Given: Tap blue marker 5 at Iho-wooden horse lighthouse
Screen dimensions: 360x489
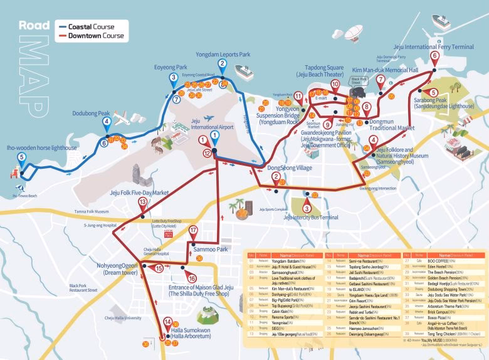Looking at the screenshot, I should tap(21, 159).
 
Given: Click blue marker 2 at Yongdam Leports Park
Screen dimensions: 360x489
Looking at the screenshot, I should tap(222, 64).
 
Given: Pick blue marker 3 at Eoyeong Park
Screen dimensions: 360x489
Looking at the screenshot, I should tap(173, 78).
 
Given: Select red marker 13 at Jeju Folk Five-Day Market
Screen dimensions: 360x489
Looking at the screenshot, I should tap(143, 203).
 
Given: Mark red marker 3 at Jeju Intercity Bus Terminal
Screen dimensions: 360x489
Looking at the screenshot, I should tap(307, 209).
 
